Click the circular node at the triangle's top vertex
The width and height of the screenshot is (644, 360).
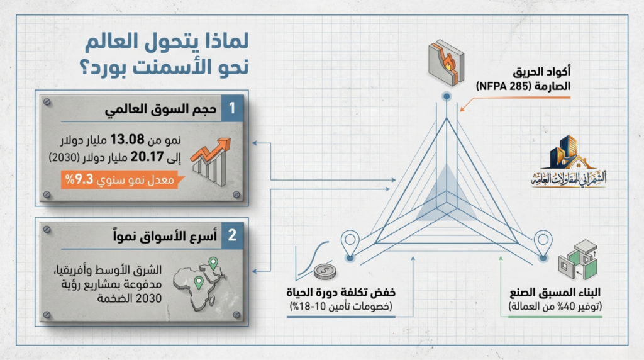coord(446,96)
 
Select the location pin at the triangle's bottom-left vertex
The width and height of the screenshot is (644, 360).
coord(350,242)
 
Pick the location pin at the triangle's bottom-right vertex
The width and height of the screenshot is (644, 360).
coord(543,242)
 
